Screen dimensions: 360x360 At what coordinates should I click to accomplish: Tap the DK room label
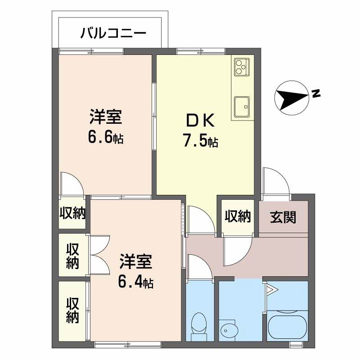[200, 121]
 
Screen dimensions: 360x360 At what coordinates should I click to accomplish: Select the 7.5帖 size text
[200, 141]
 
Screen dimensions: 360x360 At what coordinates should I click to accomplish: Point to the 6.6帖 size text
[106, 137]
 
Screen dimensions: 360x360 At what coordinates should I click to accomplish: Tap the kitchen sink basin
[242, 107]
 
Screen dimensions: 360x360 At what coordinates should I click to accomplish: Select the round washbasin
[228, 331]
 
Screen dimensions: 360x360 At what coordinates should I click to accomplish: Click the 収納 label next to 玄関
[237, 216]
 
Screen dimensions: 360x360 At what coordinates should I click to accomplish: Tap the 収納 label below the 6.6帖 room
[72, 213]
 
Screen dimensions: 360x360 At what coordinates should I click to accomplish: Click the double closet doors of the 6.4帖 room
[99, 256]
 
